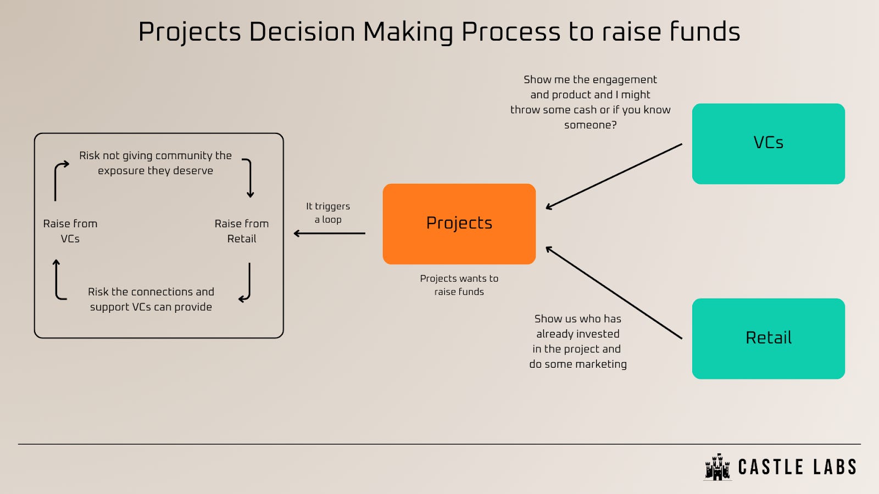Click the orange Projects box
tap(459, 224)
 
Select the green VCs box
tap(768, 143)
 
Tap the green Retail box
tap(768, 338)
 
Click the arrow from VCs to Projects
tap(614, 176)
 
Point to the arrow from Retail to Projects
tap(614, 293)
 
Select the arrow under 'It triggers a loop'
tap(330, 233)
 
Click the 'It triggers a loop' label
tap(328, 212)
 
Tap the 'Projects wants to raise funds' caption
tap(459, 285)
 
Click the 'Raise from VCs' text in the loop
tap(70, 231)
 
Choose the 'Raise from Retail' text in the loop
tap(242, 231)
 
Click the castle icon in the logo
tap(717, 467)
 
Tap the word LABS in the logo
tap(835, 467)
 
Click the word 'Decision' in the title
tap(302, 32)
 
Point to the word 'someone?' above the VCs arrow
tap(590, 125)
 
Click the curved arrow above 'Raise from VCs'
tap(59, 180)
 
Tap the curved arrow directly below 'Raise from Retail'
tap(247, 283)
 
